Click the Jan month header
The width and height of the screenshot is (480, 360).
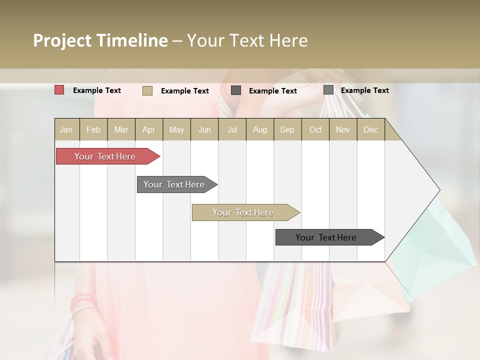66,129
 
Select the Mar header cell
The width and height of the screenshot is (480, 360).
121,129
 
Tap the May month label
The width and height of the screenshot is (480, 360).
176,129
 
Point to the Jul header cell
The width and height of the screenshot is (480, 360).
232,129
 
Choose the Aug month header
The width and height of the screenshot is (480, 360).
259,129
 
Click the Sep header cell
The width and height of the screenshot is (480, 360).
287,129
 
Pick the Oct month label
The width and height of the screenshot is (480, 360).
315,129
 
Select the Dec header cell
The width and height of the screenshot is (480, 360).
370,129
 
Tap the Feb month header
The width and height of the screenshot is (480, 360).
93,129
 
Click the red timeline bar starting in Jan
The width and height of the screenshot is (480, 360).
105,156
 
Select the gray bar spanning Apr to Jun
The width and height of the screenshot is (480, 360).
174,184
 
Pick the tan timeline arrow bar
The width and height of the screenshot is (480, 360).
243,212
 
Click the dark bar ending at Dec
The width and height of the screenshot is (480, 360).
326,237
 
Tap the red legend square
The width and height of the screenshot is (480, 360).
59,90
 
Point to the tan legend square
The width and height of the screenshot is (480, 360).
147,90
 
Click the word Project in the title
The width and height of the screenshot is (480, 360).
62,40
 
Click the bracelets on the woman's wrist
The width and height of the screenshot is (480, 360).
81,303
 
